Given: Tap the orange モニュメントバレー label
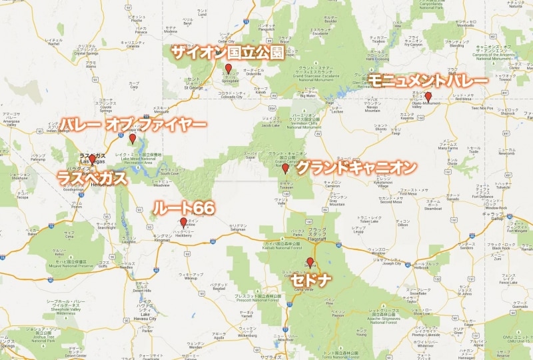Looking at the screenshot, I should tap(427, 80).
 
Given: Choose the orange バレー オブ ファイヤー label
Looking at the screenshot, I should tap(133, 124).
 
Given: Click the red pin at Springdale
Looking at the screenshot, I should tap(228, 69).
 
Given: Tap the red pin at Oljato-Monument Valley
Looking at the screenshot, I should tap(428, 96).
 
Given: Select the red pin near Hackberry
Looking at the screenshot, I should tap(183, 222).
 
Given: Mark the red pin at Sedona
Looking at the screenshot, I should tap(309, 262).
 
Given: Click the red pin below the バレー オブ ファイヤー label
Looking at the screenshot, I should tap(133, 139).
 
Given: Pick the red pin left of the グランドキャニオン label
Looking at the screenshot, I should tap(285, 168).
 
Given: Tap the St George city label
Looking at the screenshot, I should tap(195, 87).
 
